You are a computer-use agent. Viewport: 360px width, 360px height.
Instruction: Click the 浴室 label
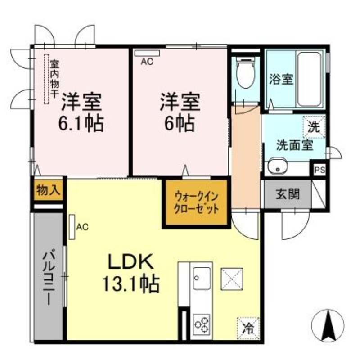click(x=281, y=80)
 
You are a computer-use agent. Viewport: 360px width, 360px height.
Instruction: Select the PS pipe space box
click(x=319, y=170)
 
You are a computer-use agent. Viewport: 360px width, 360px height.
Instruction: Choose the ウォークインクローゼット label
click(x=196, y=202)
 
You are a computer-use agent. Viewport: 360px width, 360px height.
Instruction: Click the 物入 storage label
click(x=48, y=189)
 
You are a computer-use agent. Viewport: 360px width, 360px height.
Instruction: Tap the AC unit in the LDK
click(x=72, y=226)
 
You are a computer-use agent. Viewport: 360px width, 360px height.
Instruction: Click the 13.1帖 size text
click(x=130, y=283)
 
